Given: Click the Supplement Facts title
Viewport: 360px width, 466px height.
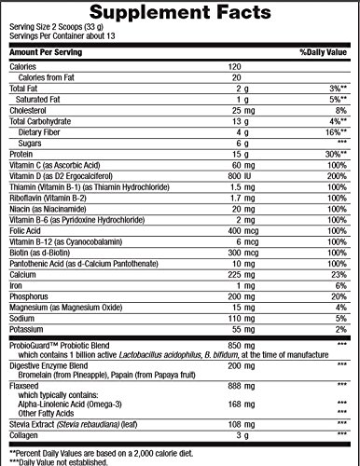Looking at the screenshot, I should coord(179,13).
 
